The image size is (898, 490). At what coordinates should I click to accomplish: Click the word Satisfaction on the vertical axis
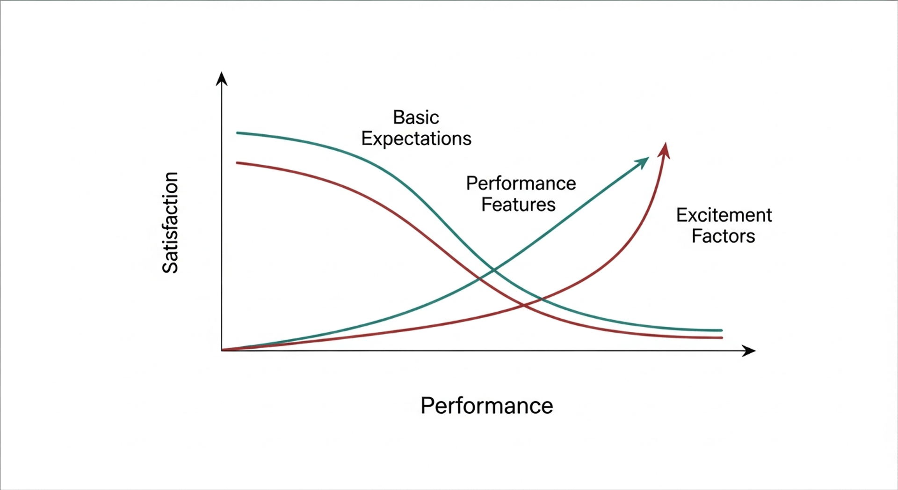170,223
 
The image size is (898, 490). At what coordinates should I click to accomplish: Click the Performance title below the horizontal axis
486,406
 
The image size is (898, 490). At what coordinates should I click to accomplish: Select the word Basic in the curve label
416,117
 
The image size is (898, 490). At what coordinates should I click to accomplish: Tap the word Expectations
416,139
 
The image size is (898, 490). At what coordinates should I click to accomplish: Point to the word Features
518,205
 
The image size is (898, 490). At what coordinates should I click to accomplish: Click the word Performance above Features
521,183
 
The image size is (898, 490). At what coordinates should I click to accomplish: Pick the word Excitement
724,215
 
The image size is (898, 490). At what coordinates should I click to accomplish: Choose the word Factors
723,236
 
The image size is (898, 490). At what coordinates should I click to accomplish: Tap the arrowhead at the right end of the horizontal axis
749,351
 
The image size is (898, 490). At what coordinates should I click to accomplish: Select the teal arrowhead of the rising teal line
643,162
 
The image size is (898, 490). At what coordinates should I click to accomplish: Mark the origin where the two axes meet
222,351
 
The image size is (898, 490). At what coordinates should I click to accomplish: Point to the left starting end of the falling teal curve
238,133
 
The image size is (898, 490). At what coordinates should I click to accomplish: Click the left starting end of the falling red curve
237,162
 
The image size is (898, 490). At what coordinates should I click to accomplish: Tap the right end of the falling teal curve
722,330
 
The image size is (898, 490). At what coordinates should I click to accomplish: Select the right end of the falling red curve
722,337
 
